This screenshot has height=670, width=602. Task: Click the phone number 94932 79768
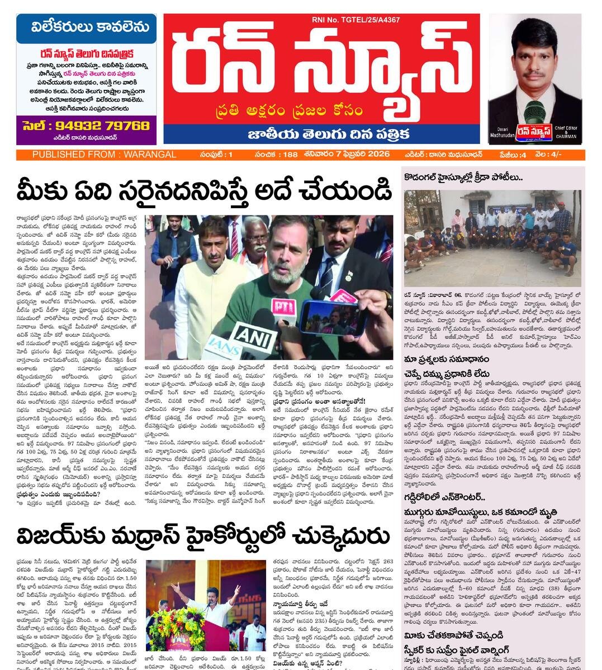(87, 126)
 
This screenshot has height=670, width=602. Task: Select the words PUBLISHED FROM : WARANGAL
(104, 155)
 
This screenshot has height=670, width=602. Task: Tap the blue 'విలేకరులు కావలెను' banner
(86, 27)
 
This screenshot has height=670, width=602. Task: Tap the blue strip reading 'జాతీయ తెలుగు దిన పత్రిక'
(321, 134)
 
